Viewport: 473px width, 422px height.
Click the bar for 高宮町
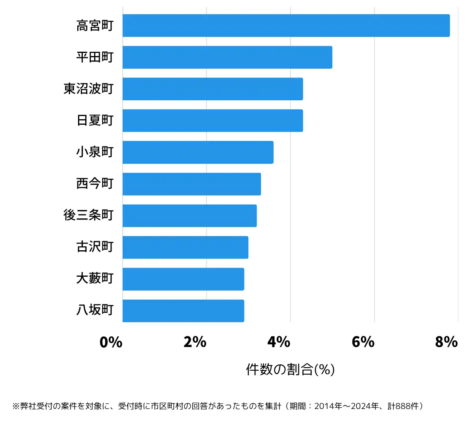(286, 26)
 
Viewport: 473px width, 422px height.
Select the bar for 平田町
(227, 57)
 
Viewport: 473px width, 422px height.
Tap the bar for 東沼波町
(212, 89)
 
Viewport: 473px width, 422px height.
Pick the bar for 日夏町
(212, 120)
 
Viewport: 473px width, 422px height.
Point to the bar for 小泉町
(198, 152)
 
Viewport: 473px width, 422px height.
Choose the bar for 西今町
(192, 184)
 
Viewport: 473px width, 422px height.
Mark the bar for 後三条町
(190, 216)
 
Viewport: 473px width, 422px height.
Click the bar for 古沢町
(185, 248)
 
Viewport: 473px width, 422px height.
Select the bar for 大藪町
(183, 279)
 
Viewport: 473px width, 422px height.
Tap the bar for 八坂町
(183, 311)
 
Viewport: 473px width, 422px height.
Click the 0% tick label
(111, 342)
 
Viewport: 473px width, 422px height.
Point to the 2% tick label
(195, 342)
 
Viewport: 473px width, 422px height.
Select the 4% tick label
(279, 342)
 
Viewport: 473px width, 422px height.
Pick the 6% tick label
(363, 342)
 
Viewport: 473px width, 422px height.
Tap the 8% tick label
(447, 342)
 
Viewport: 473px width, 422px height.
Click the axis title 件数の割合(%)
(291, 369)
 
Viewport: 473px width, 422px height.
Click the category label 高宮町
(95, 26)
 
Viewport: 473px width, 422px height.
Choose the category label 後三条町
(89, 215)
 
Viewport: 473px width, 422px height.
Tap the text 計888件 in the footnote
(403, 406)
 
